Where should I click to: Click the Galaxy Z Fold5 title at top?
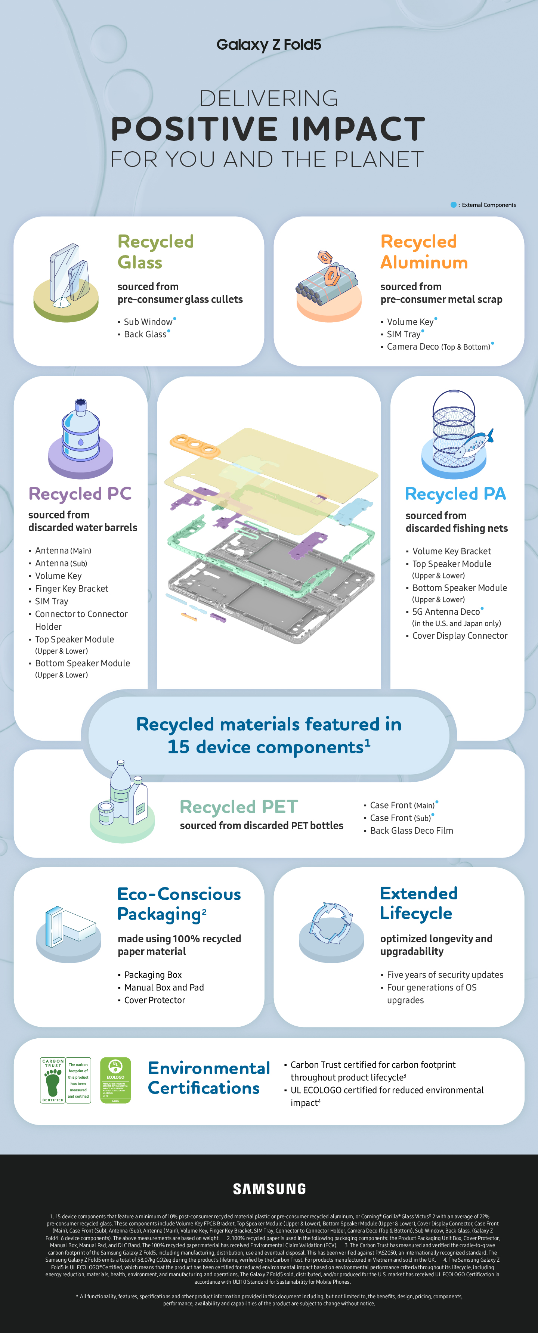pyautogui.click(x=269, y=44)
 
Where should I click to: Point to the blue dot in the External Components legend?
pyautogui.click(x=454, y=205)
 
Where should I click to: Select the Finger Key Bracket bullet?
pyautogui.click(x=71, y=588)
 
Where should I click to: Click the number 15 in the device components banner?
pyautogui.click(x=178, y=747)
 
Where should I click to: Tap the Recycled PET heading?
pyautogui.click(x=239, y=806)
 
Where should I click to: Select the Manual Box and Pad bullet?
pyautogui.click(x=164, y=987)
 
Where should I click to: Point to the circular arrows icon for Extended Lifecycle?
pyautogui.click(x=331, y=924)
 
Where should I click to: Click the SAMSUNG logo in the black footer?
pyautogui.click(x=269, y=1188)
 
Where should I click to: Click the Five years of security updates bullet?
pyautogui.click(x=445, y=974)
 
